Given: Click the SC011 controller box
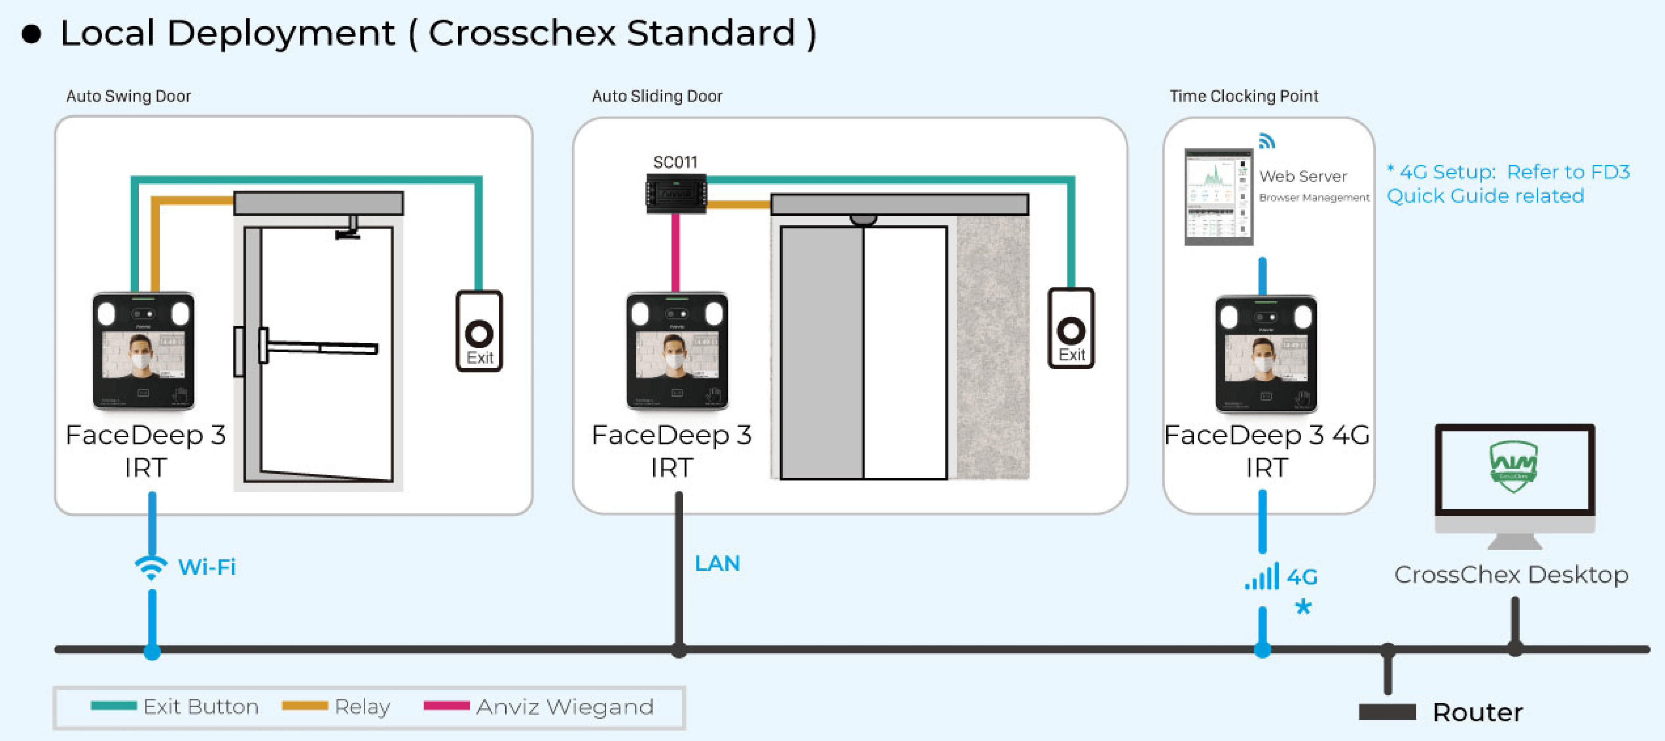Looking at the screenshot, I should pos(676,193).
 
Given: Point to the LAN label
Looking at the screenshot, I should pos(717,563).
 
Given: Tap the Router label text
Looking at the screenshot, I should pos(1477,712).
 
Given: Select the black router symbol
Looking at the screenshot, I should pos(1387,712).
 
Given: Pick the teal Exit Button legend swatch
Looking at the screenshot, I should pos(114,706).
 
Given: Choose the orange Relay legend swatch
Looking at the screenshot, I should pos(305,706).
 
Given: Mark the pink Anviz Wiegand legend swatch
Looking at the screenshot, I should pos(446,706).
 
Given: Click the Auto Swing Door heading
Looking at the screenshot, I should pos(129,96).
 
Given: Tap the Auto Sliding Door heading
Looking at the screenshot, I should pos(657,96).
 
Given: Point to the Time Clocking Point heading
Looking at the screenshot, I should pos(1244,96).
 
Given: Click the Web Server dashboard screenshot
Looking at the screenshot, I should pos(1218,196).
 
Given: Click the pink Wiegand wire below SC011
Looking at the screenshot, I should pos(675,253).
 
